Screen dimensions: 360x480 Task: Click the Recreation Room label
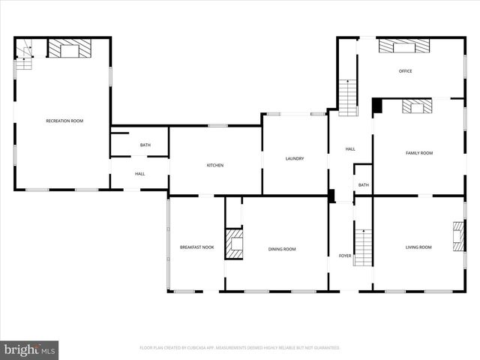pos(64,121)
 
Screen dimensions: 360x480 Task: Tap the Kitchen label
pos(215,165)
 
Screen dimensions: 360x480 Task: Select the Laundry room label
pos(295,158)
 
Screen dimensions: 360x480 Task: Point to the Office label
pos(405,71)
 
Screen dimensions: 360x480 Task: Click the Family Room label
pos(419,153)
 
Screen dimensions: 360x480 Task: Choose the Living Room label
pos(418,247)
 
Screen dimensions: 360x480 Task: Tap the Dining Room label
pos(283,249)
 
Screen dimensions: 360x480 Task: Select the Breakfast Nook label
pos(196,247)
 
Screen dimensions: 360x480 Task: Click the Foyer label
pos(345,256)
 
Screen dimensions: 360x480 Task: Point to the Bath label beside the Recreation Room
pos(145,145)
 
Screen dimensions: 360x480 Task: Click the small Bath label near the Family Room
pos(364,184)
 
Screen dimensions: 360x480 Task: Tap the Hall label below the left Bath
pos(139,174)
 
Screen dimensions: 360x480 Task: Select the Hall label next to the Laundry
pos(350,149)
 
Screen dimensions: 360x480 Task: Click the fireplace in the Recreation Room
pos(70,49)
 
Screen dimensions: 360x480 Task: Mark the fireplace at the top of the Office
pos(405,46)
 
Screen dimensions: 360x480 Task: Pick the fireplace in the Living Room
pos(457,237)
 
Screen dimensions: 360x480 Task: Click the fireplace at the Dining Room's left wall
pos(235,245)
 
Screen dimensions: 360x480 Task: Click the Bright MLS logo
pos(29,349)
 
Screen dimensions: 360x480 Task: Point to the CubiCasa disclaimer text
pos(240,348)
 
